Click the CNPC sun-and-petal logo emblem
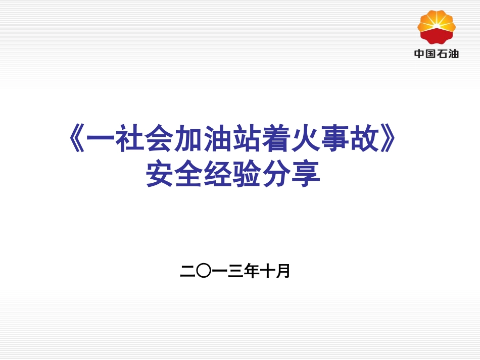click(x=437, y=27)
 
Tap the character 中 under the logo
click(x=419, y=54)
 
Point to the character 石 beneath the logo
click(x=442, y=54)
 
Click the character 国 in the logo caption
click(x=430, y=54)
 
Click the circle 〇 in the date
click(x=203, y=272)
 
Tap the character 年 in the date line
click(x=251, y=272)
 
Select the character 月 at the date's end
click(x=283, y=272)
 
